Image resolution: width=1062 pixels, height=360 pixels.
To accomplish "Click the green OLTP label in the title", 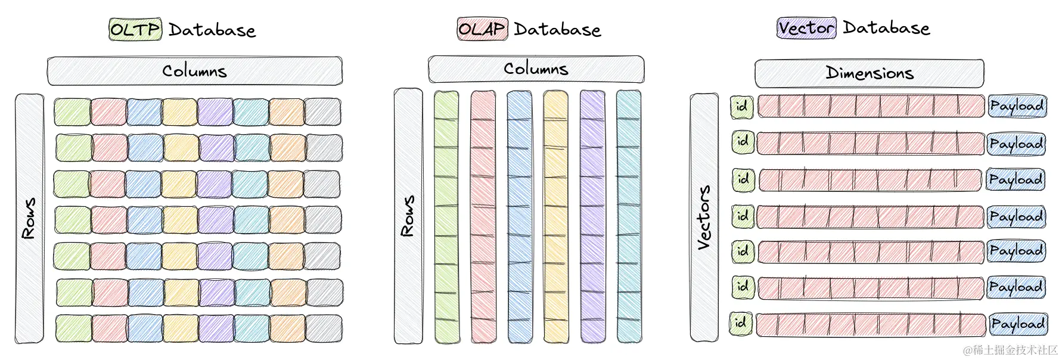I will (x=135, y=29).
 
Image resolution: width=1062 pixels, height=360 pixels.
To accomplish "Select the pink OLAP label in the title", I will (x=482, y=29).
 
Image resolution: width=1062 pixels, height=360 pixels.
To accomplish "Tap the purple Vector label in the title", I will (x=806, y=28).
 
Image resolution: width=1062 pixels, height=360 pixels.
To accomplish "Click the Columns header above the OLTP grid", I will (x=194, y=72).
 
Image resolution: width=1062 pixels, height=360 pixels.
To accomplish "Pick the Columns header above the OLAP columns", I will (x=536, y=69).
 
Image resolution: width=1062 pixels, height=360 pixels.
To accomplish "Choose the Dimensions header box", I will (x=869, y=73).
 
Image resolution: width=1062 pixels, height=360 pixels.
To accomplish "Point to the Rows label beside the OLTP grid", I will (x=29, y=218).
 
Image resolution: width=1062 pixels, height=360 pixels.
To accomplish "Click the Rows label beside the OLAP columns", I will (x=408, y=216).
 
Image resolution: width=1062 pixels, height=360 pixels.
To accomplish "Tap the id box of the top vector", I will (x=742, y=107).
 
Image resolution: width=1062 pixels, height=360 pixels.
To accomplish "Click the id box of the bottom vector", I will (x=741, y=323).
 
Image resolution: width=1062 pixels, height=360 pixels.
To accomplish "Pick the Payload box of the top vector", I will (x=1017, y=106).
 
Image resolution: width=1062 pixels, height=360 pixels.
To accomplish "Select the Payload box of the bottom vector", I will (x=1017, y=324).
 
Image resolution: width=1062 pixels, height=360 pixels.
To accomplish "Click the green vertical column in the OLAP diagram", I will (x=446, y=217).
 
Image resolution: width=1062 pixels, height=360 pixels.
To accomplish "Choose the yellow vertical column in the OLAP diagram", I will (x=555, y=217).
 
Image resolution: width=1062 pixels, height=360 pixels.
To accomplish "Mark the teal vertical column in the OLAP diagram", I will (x=629, y=217).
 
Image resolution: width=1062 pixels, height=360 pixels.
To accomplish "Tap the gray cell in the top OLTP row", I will (x=323, y=112).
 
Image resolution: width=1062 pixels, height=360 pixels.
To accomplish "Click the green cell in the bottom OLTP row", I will (x=74, y=328).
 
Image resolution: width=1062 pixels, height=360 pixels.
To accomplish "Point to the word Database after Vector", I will (x=886, y=28).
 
